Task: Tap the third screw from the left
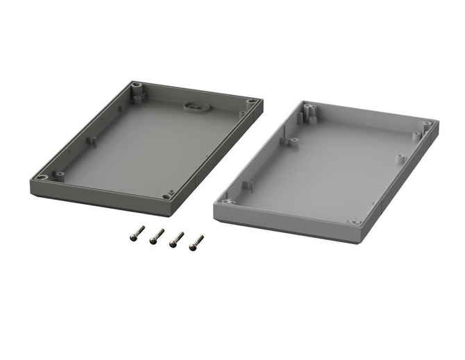(x=177, y=239)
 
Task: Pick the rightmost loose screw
(x=197, y=241)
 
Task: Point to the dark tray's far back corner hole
(x=136, y=87)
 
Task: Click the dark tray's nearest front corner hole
(x=167, y=196)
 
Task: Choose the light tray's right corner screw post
(x=426, y=126)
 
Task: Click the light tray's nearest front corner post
(x=355, y=222)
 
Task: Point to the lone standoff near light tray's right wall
(x=399, y=157)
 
